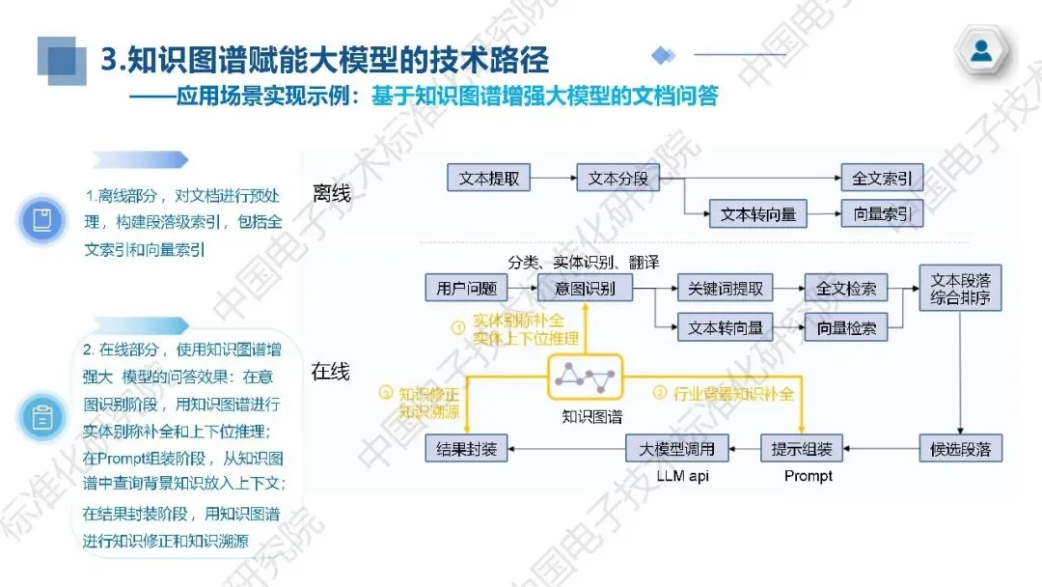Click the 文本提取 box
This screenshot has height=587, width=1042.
click(489, 179)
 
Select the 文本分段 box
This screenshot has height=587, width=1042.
click(618, 179)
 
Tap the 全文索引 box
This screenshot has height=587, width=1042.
click(882, 179)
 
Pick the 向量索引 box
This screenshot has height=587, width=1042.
click(882, 214)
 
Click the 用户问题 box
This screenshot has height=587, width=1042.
click(466, 288)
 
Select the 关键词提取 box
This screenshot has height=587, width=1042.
click(726, 288)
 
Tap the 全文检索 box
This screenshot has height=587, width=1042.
click(846, 288)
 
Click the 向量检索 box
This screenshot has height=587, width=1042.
click(846, 327)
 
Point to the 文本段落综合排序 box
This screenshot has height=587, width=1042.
click(960, 288)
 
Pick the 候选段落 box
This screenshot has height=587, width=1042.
click(960, 448)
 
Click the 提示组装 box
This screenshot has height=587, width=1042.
click(803, 448)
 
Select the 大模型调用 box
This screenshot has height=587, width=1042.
click(677, 448)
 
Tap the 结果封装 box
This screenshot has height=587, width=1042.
click(467, 448)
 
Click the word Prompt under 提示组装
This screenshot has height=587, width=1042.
click(809, 476)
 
